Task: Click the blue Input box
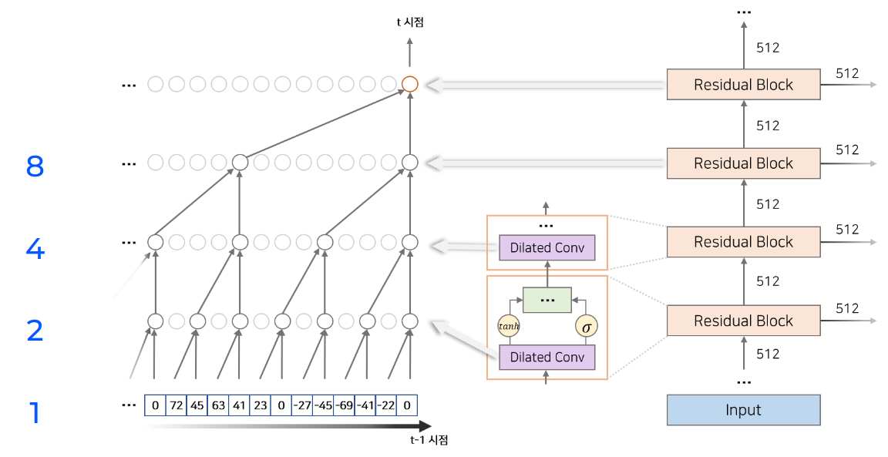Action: (x=743, y=410)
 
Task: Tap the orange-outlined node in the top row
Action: (x=410, y=84)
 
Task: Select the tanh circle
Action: (x=509, y=326)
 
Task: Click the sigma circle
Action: (x=587, y=326)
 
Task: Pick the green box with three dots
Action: (x=547, y=299)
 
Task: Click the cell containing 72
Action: (x=176, y=405)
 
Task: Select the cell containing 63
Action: (x=218, y=405)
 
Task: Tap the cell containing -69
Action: (x=344, y=405)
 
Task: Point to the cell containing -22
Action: (x=386, y=405)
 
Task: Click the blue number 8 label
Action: (x=35, y=166)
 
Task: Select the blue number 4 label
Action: (x=35, y=250)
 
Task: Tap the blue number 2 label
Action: (x=35, y=331)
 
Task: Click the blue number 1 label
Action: (x=34, y=413)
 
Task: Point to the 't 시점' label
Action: (x=410, y=22)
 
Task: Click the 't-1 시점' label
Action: (x=429, y=441)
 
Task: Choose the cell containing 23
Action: (x=261, y=405)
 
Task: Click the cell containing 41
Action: (x=239, y=405)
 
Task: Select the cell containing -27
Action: (x=302, y=405)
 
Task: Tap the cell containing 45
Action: (x=197, y=405)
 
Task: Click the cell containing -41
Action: (x=365, y=405)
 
